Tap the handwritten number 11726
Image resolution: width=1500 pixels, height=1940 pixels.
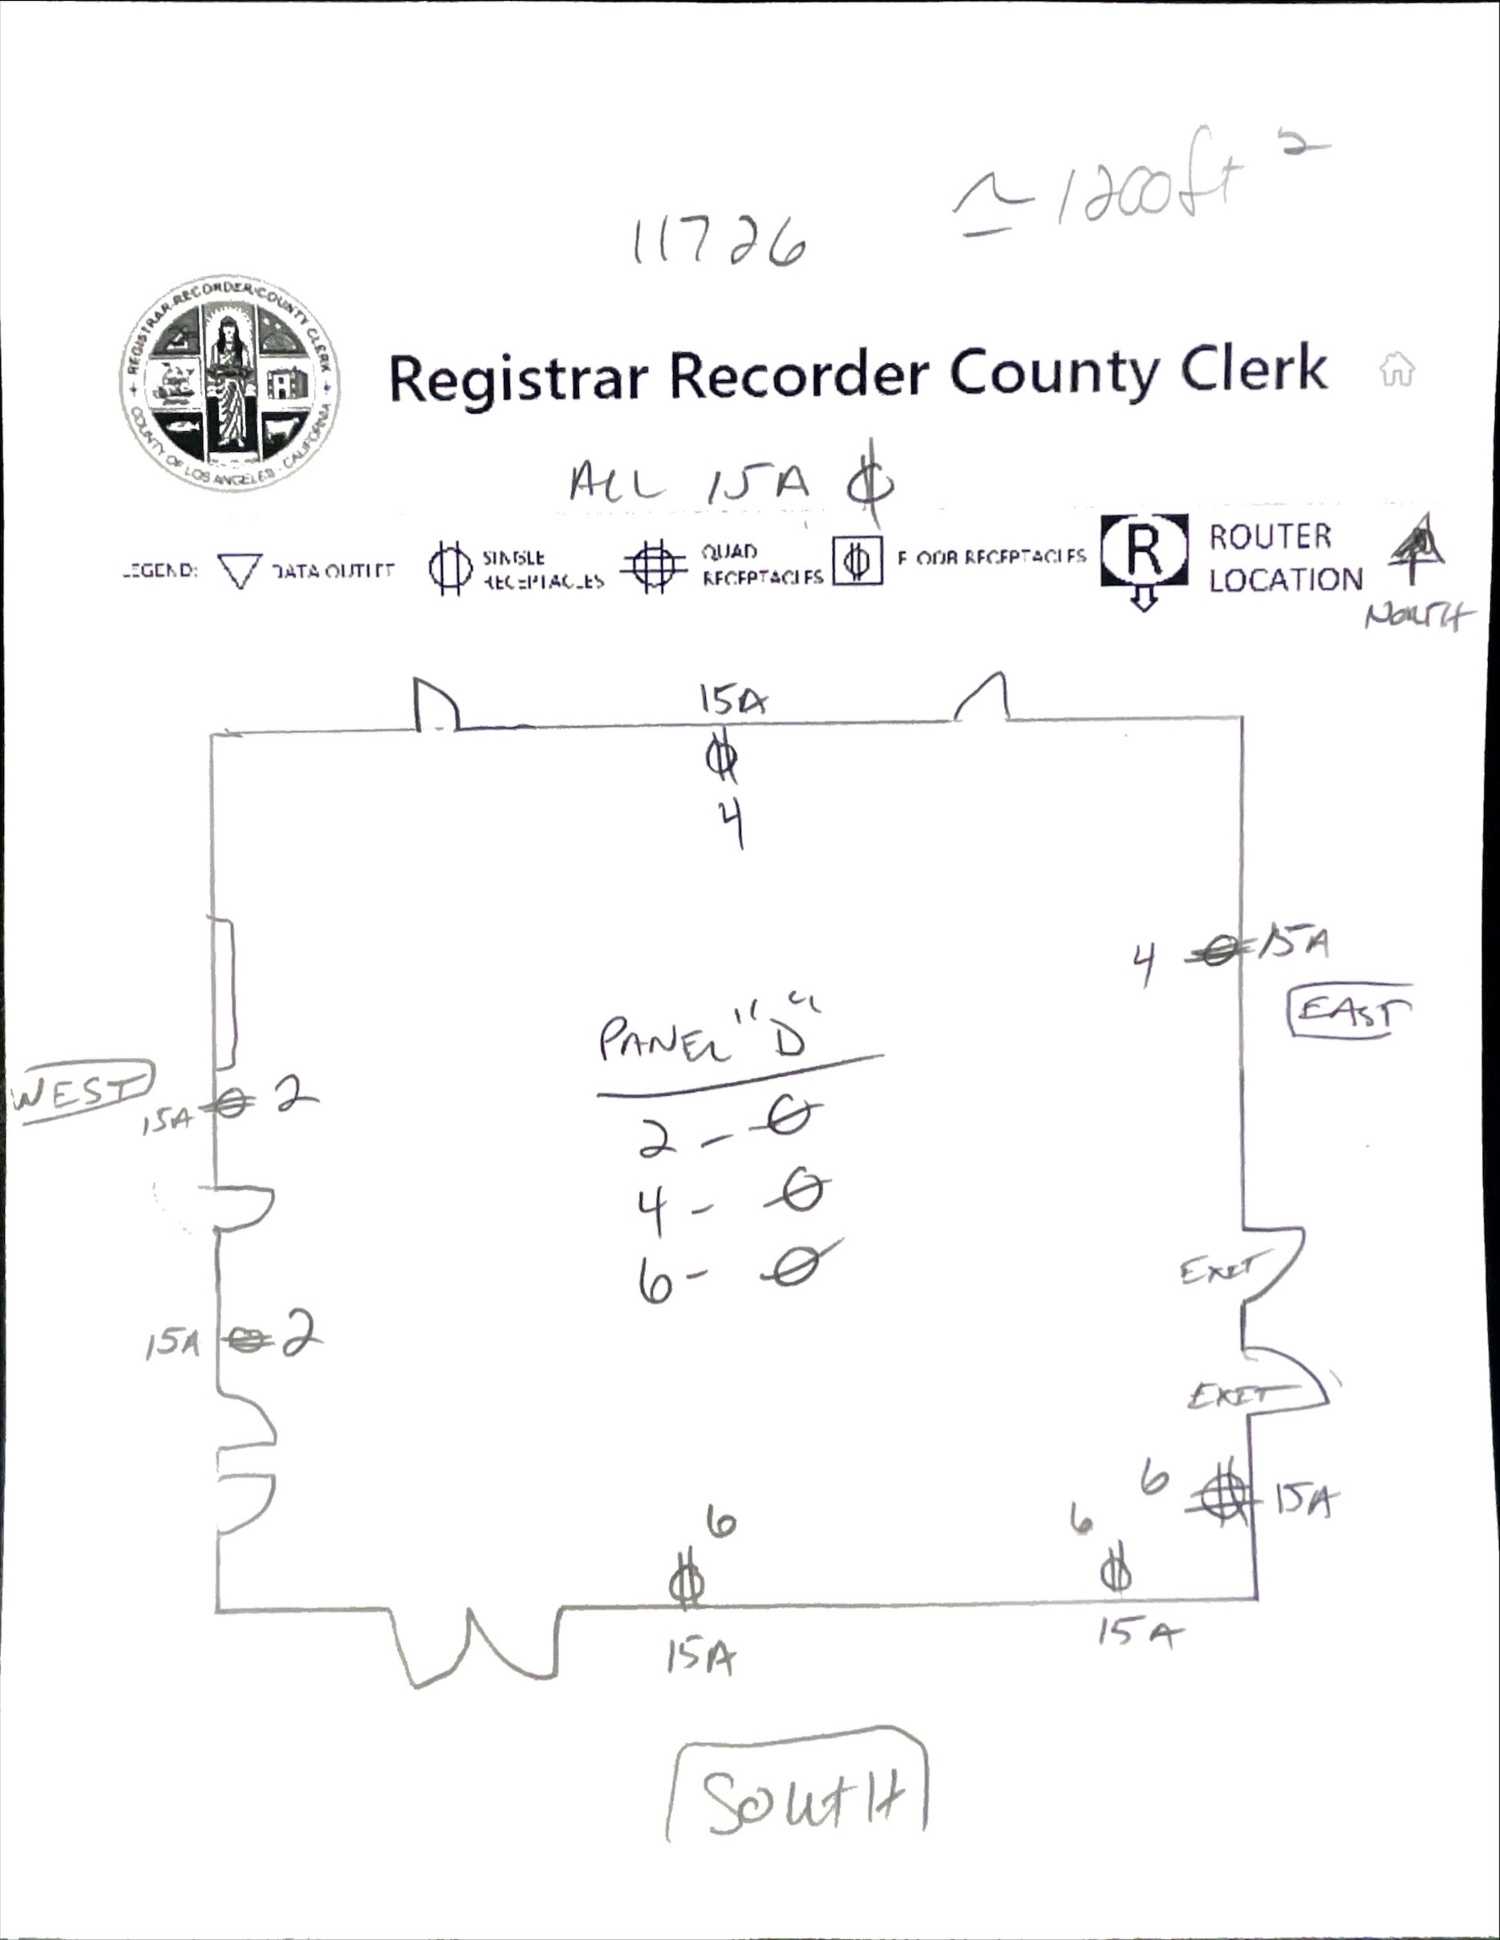(x=719, y=242)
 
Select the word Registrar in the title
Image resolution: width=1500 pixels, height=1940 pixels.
(x=517, y=377)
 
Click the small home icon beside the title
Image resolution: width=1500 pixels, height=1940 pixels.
(x=1397, y=369)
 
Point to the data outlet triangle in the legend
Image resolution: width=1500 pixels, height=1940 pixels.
(x=239, y=570)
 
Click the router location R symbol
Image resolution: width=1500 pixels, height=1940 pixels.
(x=1144, y=552)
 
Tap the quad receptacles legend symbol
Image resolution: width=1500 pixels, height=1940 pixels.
(x=654, y=566)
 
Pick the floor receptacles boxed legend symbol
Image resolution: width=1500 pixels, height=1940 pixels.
(x=857, y=560)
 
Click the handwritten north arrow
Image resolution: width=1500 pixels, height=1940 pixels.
(x=1417, y=550)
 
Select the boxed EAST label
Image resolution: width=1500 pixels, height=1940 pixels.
(x=1350, y=1011)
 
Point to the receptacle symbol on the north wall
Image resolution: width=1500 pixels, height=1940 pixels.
(x=722, y=758)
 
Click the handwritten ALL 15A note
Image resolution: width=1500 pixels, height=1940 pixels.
(x=690, y=484)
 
